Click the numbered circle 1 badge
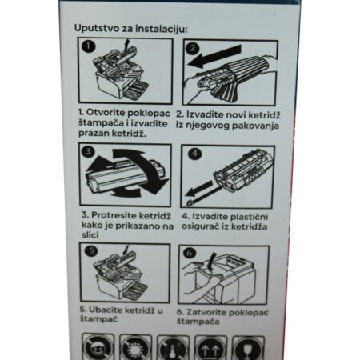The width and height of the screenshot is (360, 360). tap(89, 47)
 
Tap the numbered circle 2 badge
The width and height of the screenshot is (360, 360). tap(193, 48)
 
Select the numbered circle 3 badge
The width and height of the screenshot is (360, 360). tap(88, 151)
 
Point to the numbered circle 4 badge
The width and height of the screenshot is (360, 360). tap(194, 154)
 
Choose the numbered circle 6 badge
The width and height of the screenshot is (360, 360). tap(190, 253)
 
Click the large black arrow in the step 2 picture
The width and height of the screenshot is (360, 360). tap(214, 56)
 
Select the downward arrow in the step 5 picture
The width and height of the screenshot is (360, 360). tap(126, 250)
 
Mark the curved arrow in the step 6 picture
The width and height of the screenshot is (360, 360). tap(212, 262)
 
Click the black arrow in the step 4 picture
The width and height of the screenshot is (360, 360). tap(198, 188)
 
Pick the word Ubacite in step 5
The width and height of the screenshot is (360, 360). tap(106, 310)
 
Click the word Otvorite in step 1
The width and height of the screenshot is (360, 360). tap(106, 113)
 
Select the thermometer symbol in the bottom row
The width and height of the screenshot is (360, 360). tap(173, 348)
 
